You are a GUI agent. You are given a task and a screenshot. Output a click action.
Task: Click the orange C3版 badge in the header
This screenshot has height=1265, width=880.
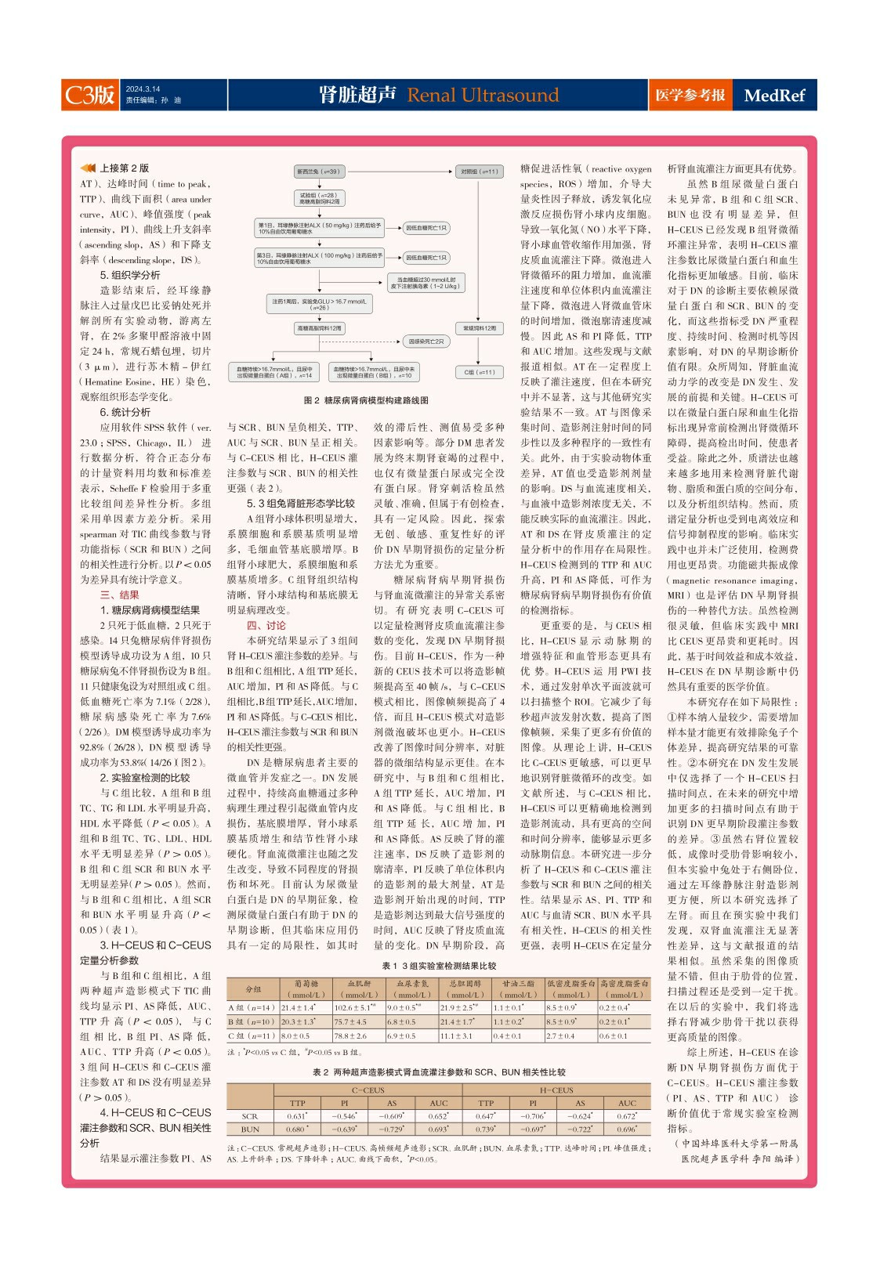point(90,95)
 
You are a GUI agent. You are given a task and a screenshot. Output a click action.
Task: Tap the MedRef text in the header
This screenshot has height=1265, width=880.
point(774,96)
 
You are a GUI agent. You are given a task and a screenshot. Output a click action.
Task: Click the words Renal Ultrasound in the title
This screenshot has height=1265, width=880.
point(483,96)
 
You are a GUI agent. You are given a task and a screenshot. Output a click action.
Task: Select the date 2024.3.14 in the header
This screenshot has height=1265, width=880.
point(143,89)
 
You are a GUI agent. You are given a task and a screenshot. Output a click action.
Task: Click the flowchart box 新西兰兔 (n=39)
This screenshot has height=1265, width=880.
point(317,172)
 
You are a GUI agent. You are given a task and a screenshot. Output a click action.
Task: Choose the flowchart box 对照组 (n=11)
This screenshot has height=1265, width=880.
point(480,172)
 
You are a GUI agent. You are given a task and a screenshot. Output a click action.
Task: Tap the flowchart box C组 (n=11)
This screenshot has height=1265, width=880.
point(480,372)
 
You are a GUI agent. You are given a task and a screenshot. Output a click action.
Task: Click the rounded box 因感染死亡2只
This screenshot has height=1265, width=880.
point(426,342)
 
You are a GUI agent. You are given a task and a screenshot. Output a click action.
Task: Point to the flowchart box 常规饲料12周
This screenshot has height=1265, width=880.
point(480,328)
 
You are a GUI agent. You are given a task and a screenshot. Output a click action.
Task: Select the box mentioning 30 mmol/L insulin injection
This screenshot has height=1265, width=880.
point(426,283)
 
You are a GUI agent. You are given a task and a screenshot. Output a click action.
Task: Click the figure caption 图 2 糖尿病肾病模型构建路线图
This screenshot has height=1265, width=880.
point(366,400)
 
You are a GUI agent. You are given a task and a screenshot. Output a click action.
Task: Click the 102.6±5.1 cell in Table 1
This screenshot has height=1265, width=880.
point(355,1007)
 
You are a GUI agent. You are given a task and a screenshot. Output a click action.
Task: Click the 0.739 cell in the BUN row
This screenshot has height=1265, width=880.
point(486,1129)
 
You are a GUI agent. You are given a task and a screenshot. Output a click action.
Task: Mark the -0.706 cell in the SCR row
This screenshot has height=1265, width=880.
point(534,1116)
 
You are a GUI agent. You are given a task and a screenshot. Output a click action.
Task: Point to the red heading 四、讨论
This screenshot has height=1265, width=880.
point(266,625)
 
